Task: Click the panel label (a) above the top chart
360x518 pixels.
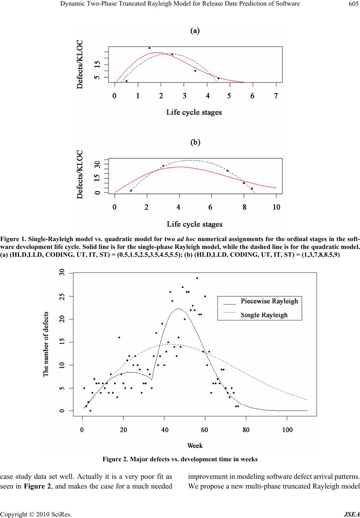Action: click(x=195, y=31)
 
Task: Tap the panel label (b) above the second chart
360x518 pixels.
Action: click(x=195, y=142)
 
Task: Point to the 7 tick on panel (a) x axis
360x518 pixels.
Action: click(x=276, y=96)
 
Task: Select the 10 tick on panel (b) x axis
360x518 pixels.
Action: click(x=276, y=207)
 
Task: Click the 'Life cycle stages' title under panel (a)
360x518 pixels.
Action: click(x=194, y=112)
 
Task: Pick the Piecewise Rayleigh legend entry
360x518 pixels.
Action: click(x=269, y=301)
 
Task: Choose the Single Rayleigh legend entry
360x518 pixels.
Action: click(x=264, y=315)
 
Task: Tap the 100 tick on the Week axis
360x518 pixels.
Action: click(x=287, y=430)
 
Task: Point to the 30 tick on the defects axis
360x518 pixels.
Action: click(x=62, y=274)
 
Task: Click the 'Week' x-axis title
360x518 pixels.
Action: click(x=195, y=446)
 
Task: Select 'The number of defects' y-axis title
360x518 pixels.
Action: click(x=46, y=344)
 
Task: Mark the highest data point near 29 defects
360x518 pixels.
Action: click(x=197, y=278)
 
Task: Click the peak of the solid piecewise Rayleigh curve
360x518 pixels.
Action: click(x=178, y=309)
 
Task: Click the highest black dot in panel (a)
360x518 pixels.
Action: click(x=149, y=48)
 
